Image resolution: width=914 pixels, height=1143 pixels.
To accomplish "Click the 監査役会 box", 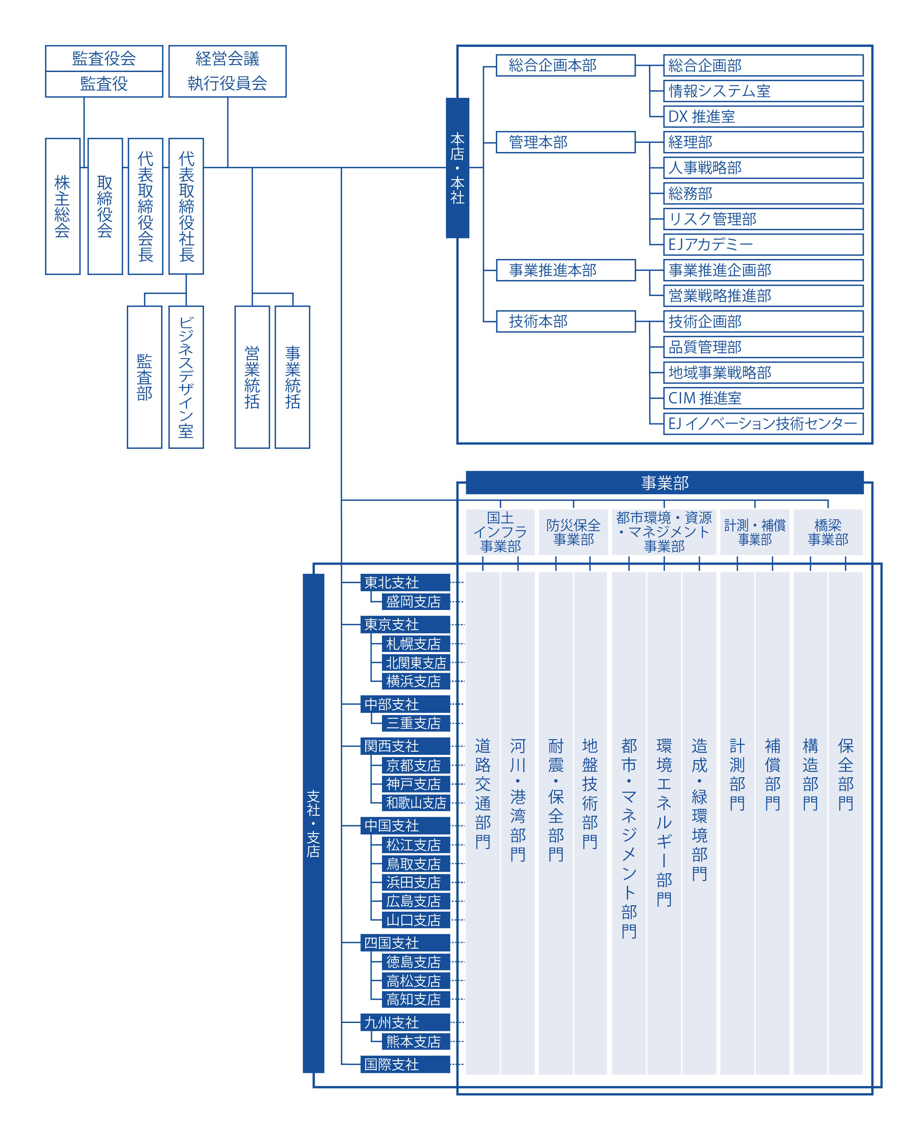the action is coord(104,58).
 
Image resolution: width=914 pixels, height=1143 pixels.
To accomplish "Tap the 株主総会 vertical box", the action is coord(62,206).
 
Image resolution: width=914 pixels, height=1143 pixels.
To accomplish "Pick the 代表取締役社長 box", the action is coord(186,206).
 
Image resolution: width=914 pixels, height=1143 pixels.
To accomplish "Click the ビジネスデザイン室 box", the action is coord(186,377).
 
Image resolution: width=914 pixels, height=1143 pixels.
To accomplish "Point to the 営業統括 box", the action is coord(252,377).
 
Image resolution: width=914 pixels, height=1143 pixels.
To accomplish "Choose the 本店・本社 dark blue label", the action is coord(457,168).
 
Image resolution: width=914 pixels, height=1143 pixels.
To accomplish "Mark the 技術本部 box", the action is coord(566,321).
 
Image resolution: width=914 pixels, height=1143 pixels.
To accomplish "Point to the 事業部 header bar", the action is coord(665,482).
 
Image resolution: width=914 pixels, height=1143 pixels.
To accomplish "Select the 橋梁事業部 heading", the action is coord(828,532).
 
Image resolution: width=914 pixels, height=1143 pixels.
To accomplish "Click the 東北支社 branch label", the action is coord(405,582).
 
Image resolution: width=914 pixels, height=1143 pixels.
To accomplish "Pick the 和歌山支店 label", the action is coord(416,803).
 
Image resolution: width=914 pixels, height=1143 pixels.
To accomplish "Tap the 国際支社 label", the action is coord(405,1064).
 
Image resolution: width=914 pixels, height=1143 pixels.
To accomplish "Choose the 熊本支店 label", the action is coord(416,1041).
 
